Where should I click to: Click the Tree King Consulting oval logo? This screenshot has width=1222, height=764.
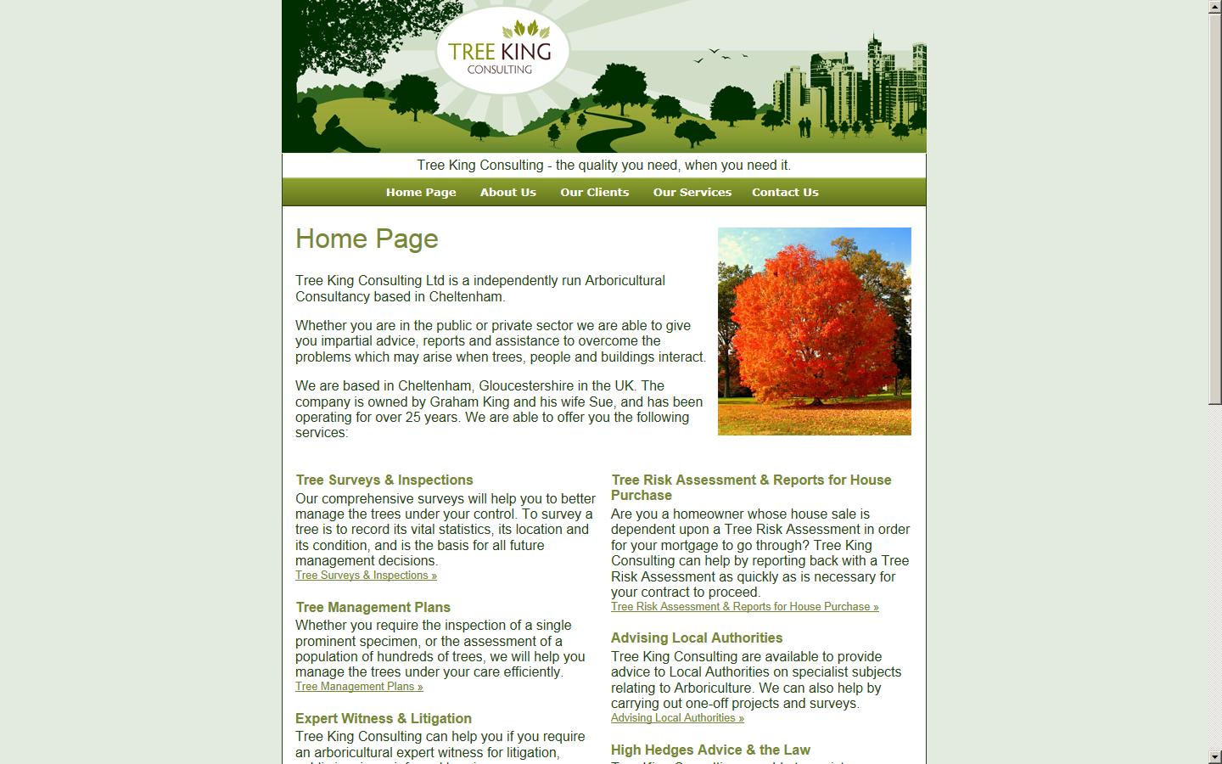502,52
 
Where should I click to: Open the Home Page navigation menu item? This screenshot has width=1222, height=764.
421,192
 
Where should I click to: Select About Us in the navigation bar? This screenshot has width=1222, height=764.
507,192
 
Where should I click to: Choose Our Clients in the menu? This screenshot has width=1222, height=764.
594,192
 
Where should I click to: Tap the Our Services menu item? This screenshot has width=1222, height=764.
692,192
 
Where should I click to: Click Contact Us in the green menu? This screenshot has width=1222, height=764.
785,192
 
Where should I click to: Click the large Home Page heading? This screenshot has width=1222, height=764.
367,239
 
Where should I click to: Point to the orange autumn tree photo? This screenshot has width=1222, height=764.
814,331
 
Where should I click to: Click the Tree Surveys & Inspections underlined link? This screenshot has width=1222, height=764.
366,576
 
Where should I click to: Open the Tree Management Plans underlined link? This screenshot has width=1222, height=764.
359,687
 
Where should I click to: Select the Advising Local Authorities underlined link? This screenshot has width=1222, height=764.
677,718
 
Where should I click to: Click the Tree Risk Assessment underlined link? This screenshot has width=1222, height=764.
744,607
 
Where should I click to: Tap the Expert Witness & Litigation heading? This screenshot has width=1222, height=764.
383,718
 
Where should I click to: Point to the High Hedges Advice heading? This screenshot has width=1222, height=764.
710,750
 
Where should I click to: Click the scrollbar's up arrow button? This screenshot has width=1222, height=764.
1214,7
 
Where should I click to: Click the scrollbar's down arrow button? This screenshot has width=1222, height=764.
1214,756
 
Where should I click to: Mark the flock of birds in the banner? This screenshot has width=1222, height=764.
720,55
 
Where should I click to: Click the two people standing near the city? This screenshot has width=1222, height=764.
804,126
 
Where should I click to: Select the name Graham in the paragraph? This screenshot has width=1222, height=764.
453,402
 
